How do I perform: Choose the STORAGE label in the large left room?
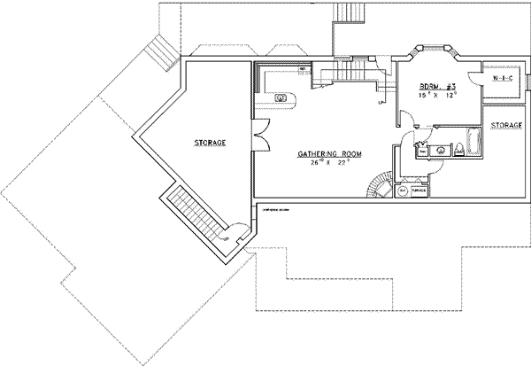click(210, 143)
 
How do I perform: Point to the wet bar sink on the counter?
click(282, 97)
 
